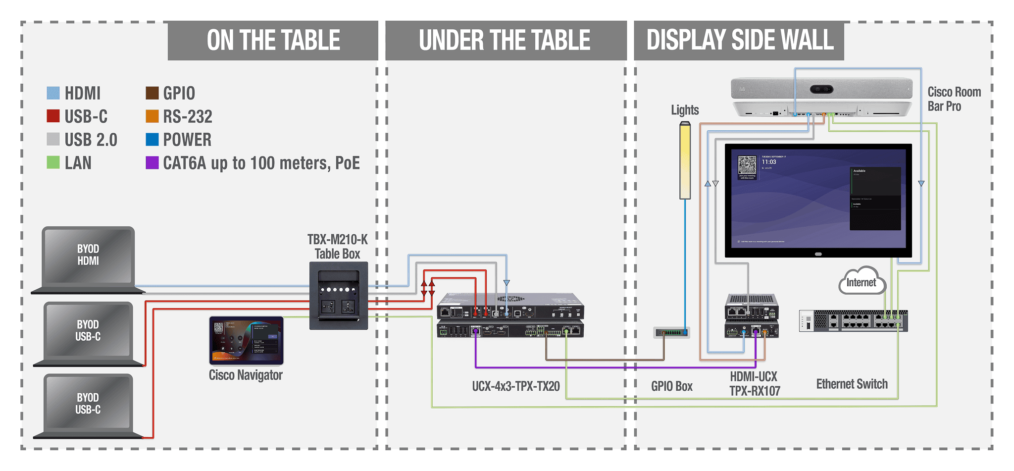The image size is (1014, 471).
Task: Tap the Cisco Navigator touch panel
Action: tap(246, 341)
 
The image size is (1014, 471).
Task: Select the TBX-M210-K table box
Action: tap(339, 296)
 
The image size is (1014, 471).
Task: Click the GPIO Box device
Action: tap(671, 332)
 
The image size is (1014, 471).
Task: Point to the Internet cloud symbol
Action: tap(862, 281)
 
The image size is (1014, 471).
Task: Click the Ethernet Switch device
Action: tap(853, 320)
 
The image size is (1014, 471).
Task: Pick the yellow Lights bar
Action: tap(685, 161)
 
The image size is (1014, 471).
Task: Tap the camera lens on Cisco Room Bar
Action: tap(821, 90)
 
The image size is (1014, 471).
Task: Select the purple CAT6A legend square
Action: tap(152, 162)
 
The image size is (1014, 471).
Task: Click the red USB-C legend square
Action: tap(53, 116)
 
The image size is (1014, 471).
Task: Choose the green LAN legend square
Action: tap(53, 162)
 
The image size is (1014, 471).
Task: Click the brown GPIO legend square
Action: tap(152, 93)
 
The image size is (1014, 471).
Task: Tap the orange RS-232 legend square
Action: tap(152, 116)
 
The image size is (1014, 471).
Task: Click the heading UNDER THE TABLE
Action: tap(505, 41)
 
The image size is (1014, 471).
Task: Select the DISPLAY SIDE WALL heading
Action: tap(740, 41)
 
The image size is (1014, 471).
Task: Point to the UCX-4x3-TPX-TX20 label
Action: tap(515, 386)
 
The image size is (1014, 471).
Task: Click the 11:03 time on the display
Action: tap(769, 162)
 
